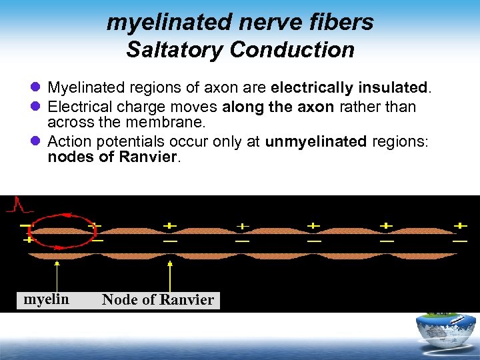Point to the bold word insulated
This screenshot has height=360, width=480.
391,88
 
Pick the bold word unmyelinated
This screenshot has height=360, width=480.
316,141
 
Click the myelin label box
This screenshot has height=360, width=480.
46,300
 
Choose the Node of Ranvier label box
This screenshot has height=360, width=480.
158,300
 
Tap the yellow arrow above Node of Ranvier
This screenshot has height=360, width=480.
170,275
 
